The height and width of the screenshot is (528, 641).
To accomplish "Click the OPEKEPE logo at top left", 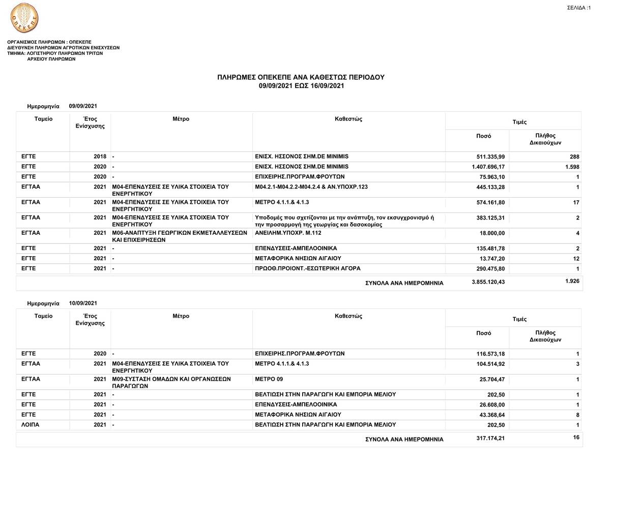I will click(24, 18).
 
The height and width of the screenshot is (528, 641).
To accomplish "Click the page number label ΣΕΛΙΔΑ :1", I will click(578, 8).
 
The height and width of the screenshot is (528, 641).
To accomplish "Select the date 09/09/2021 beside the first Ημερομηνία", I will click(83, 106).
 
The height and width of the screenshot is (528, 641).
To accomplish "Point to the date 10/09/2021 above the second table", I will click(83, 303).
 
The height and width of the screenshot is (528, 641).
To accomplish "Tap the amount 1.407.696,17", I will click(488, 167).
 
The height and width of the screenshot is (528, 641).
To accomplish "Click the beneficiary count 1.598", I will click(572, 167).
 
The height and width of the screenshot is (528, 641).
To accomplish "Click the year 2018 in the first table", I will click(100, 157).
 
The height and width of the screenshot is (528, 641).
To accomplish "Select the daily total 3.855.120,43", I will click(488, 282).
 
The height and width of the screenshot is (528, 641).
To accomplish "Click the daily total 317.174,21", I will click(490, 438).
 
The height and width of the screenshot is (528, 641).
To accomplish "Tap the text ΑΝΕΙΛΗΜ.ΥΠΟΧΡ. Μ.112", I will click(288, 233).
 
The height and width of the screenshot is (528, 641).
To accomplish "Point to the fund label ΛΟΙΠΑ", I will click(31, 425).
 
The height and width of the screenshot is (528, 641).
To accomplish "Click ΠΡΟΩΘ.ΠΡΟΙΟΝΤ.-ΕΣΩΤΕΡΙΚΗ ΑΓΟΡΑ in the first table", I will click(307, 268).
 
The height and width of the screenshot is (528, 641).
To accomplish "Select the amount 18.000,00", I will click(492, 233).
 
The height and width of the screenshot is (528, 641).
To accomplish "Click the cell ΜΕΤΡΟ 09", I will click(269, 379).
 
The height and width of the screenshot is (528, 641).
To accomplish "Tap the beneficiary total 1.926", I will click(572, 281).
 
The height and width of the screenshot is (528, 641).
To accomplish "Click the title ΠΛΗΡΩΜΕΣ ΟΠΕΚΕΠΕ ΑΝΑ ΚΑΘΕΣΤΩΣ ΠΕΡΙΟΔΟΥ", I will click(301, 77).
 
